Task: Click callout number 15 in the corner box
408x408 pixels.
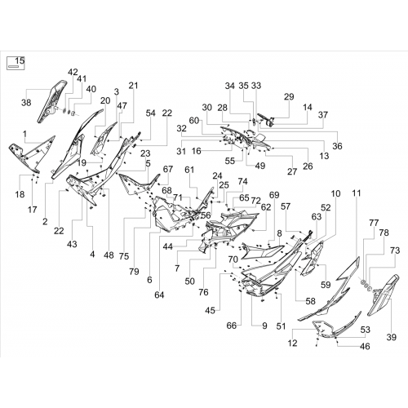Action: pyautogui.click(x=20, y=61)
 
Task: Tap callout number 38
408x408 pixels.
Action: pyautogui.click(x=26, y=103)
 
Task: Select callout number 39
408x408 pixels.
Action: pyautogui.click(x=392, y=337)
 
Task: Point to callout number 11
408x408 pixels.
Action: pyautogui.click(x=357, y=193)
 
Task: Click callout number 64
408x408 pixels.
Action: pyautogui.click(x=159, y=295)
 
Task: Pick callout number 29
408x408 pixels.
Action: pyautogui.click(x=289, y=96)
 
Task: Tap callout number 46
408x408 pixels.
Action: pyautogui.click(x=365, y=346)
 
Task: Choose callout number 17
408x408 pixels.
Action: pyautogui.click(x=32, y=210)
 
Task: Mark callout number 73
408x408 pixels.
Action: pyautogui.click(x=395, y=251)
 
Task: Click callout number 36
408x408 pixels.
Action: pyautogui.click(x=337, y=146)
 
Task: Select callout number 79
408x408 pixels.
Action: pyautogui.click(x=134, y=272)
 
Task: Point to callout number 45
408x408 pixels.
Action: pyautogui.click(x=210, y=310)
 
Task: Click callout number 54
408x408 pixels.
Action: pyautogui.click(x=150, y=113)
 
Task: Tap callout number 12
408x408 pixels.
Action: pyautogui.click(x=293, y=344)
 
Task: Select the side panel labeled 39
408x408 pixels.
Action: pyautogui.click(x=384, y=295)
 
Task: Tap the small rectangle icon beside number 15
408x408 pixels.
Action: pyautogui.click(x=12, y=66)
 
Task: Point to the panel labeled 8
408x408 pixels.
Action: pyautogui.click(x=263, y=251)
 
